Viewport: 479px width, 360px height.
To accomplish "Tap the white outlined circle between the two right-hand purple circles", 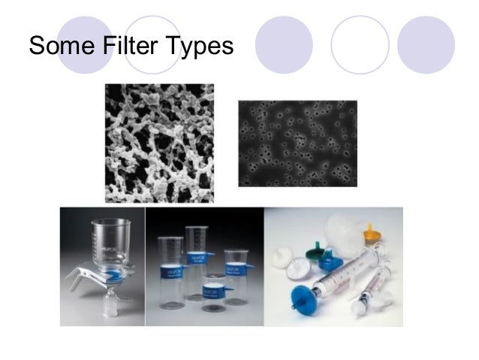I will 360,44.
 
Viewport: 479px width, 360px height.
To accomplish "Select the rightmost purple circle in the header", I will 426,44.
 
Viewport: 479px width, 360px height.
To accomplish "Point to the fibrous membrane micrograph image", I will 159,143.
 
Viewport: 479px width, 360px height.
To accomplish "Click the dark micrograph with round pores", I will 297,143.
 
